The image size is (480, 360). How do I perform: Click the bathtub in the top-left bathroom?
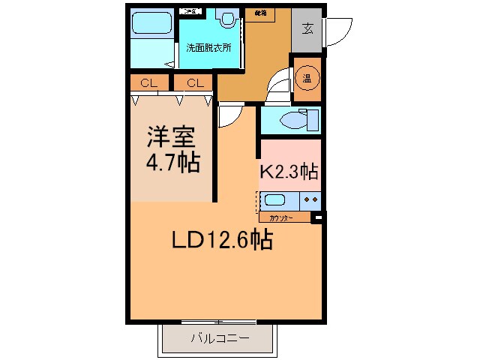[153, 25]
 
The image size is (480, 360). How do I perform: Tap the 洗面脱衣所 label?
[208, 47]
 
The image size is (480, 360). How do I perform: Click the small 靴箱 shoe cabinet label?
[260, 13]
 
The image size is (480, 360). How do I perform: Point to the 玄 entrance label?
[308, 28]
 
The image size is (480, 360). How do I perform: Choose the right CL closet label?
[194, 82]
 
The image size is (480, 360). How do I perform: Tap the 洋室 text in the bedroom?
[170, 139]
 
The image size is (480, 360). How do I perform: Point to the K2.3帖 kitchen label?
[289, 172]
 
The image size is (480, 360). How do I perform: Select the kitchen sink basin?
[275, 200]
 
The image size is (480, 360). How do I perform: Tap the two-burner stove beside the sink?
[310, 200]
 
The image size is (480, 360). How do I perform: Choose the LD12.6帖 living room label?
[221, 240]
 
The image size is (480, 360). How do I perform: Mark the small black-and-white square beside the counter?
[317, 218]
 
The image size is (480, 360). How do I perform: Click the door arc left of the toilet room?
[229, 114]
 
